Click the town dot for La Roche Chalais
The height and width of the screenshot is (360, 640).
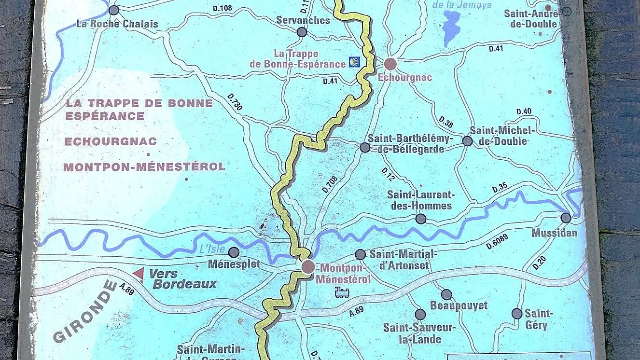click(114, 10)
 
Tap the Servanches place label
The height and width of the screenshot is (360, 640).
click(303, 20)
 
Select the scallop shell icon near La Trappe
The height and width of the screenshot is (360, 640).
click(354, 63)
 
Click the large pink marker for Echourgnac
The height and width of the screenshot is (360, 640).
click(390, 64)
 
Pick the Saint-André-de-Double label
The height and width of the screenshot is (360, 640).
click(530, 19)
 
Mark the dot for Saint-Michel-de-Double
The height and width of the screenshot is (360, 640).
click(467, 141)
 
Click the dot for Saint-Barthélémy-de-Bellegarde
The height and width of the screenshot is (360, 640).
click(365, 148)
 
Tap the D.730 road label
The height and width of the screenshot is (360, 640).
click(235, 103)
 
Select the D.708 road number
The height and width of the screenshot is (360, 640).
click(330, 183)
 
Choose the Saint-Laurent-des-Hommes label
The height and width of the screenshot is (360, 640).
click(420, 200)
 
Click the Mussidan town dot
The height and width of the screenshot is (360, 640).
click(566, 218)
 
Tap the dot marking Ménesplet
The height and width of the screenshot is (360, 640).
click(234, 252)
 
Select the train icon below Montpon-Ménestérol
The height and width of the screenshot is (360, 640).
click(342, 292)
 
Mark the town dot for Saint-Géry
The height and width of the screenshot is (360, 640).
click(517, 314)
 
